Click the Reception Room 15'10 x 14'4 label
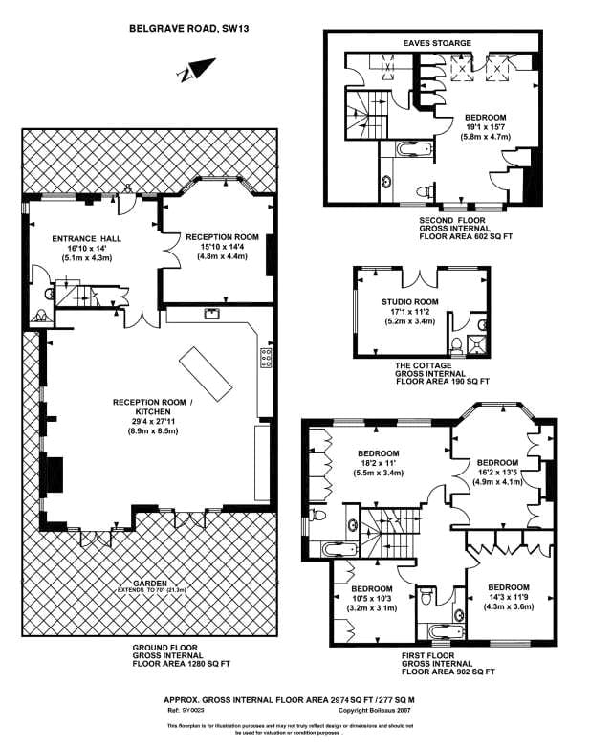click(x=222, y=236)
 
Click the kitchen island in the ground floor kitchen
click(x=206, y=369)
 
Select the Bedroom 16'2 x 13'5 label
click(x=497, y=462)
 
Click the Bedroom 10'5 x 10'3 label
click(x=372, y=588)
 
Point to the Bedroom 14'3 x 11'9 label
click(x=508, y=587)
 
